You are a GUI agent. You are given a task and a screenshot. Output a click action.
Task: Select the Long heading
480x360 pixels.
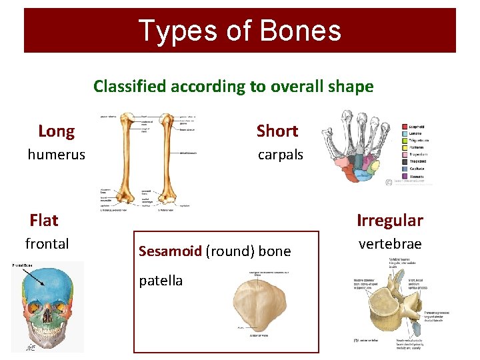point(56,131)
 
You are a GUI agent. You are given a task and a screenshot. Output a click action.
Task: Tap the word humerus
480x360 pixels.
point(56,155)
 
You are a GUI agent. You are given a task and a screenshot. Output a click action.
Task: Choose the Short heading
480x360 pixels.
point(277,131)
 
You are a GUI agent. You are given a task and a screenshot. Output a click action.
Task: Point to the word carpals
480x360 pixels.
point(281,155)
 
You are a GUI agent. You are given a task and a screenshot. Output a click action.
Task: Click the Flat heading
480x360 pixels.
point(44,220)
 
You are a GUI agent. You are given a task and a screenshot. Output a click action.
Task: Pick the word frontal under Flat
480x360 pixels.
point(47,244)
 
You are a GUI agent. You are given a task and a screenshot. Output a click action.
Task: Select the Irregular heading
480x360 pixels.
point(390,220)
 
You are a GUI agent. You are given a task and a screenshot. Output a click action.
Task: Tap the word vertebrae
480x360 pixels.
point(390,244)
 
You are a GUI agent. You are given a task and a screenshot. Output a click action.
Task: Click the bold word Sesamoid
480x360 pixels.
point(170,251)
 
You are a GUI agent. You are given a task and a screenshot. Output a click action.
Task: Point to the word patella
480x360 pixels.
point(161,281)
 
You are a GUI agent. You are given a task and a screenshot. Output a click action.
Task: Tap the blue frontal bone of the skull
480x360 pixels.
point(47,283)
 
